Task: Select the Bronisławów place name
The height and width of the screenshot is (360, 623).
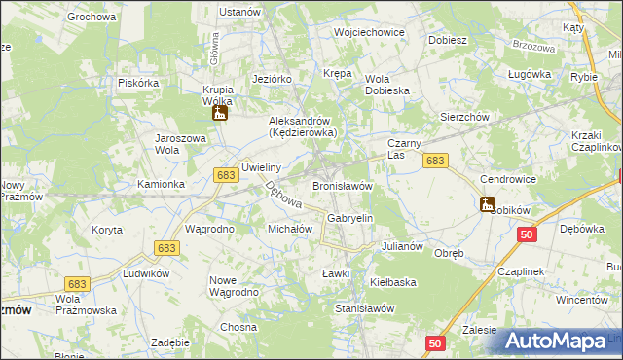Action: (x=343, y=185)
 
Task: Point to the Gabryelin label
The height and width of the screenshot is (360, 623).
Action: (x=350, y=219)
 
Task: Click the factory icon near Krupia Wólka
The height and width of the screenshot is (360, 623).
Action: (x=219, y=114)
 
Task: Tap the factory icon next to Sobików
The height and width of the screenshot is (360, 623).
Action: (x=487, y=204)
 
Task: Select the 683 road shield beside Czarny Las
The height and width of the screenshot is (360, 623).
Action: (x=435, y=161)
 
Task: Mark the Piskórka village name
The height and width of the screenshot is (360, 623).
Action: (x=137, y=83)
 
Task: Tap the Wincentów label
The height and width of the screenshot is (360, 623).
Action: (x=582, y=300)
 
